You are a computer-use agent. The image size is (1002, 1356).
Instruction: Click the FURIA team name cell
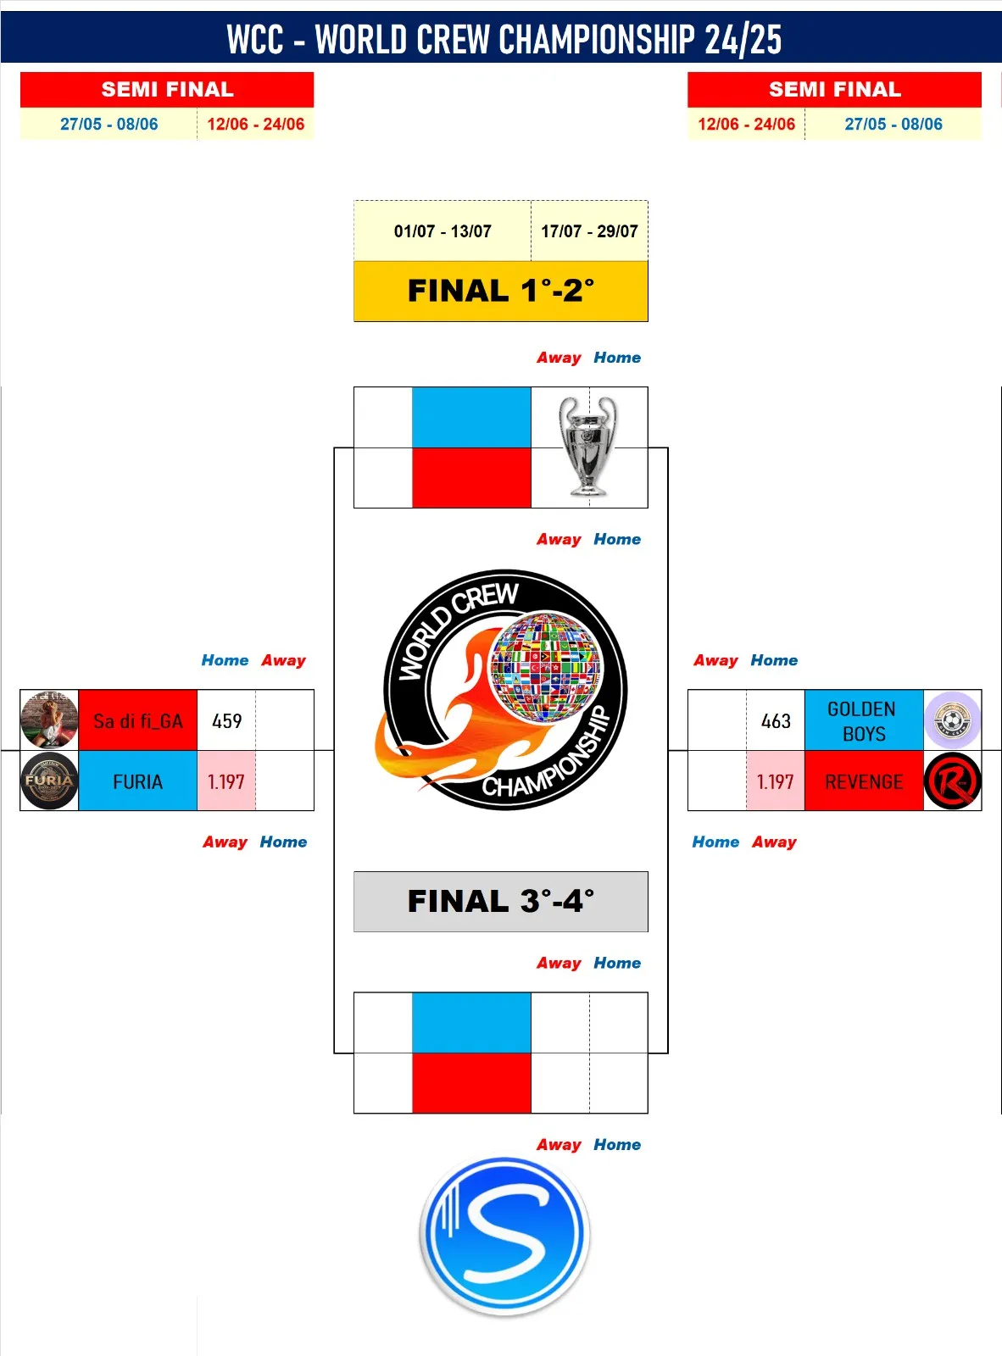tap(137, 781)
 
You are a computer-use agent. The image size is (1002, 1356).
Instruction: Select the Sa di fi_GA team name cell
tap(137, 720)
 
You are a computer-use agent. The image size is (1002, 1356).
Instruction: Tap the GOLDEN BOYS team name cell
tap(864, 720)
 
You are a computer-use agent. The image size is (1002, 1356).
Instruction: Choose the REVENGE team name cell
tap(864, 781)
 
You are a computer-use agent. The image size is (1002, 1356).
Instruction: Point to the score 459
tap(226, 720)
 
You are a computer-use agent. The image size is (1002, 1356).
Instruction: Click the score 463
tap(776, 720)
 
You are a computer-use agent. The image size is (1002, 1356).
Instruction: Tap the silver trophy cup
tap(587, 446)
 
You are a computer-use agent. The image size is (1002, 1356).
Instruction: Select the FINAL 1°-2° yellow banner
tap(500, 291)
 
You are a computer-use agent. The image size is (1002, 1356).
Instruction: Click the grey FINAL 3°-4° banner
tap(500, 901)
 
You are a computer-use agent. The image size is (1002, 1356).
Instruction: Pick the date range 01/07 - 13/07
tap(443, 231)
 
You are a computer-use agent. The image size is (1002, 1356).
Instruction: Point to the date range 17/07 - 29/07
tap(589, 231)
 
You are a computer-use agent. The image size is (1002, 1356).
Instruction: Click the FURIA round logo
tap(49, 781)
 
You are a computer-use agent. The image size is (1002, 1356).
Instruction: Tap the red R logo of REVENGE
tap(953, 781)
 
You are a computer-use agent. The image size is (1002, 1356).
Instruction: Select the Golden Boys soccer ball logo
tap(953, 720)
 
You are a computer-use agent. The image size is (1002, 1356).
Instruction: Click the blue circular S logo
tap(504, 1235)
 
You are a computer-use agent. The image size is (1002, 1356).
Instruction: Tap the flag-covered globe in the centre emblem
tap(546, 667)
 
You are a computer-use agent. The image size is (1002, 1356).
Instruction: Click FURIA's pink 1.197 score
tap(225, 781)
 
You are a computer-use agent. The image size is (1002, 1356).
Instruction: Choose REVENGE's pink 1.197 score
tap(775, 781)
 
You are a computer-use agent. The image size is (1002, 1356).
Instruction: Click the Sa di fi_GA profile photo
tap(49, 720)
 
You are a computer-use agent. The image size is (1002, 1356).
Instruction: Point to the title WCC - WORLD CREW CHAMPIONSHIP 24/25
tap(504, 39)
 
